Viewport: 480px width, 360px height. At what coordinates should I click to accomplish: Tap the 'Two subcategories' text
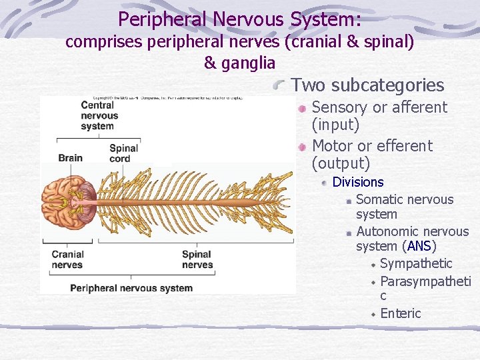367,85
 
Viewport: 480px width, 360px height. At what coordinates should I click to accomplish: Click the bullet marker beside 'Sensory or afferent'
302,108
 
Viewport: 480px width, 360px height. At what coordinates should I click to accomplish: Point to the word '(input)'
335,125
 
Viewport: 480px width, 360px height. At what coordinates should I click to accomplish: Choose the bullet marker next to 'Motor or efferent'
302,146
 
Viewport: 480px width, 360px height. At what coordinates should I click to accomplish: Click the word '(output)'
341,163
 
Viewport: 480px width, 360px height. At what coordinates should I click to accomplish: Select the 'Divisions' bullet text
358,182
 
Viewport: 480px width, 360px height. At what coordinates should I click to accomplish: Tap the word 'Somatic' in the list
377,199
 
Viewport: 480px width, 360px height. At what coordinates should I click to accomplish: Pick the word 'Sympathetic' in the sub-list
416,264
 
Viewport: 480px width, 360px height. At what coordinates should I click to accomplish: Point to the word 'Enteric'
401,313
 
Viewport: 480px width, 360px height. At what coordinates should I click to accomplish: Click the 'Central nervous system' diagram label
99,115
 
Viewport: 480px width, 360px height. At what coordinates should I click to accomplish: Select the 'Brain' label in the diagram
70,158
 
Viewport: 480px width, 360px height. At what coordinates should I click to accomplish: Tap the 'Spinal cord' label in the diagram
123,153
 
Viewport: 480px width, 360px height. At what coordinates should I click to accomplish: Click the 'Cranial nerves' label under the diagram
67,259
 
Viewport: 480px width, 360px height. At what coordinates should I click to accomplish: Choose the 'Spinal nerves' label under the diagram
197,259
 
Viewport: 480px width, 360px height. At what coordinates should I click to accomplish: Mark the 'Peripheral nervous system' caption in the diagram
131,288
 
